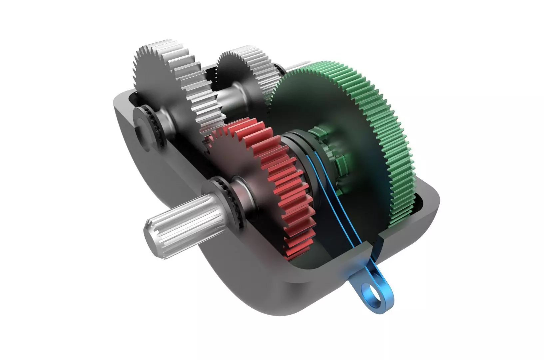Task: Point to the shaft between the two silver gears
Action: point(230,97)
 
